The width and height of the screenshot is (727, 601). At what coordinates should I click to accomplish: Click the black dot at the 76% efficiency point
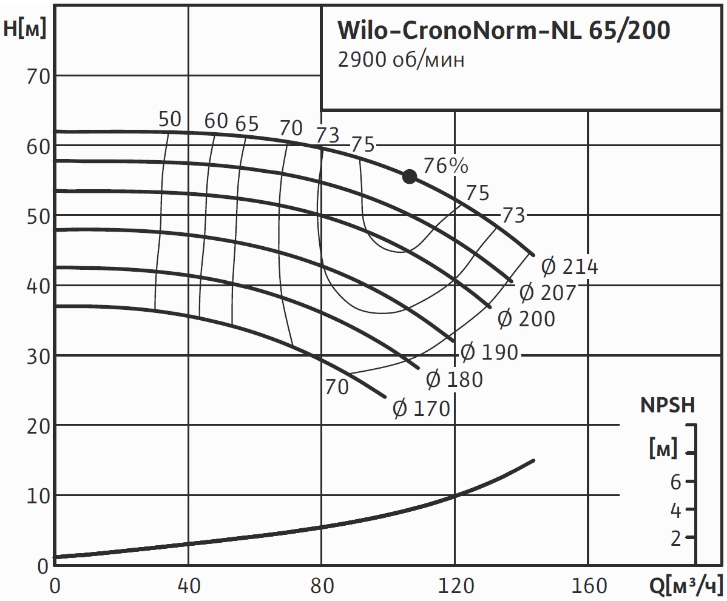tap(410, 176)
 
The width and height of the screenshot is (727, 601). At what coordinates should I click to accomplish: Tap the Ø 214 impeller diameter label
tap(569, 267)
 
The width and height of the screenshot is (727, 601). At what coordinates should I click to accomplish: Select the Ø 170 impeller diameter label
tap(421, 409)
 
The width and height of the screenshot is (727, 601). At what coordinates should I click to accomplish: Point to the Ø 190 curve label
tap(489, 352)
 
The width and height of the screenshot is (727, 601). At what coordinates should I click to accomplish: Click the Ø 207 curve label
tap(547, 292)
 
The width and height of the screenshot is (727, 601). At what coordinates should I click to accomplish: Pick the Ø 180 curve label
tap(454, 380)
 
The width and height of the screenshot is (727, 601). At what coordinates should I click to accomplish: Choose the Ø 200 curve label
tap(526, 318)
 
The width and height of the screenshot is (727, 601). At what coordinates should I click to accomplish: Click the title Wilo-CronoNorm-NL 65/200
tap(503, 31)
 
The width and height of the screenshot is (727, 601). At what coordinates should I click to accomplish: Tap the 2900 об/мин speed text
tap(401, 61)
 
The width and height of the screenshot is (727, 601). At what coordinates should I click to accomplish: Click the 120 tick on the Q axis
tap(455, 586)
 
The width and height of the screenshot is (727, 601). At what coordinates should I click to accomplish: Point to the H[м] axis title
tap(25, 29)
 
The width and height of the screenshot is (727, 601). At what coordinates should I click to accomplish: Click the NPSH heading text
tap(668, 406)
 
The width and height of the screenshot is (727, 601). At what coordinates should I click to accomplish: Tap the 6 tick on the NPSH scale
tap(675, 482)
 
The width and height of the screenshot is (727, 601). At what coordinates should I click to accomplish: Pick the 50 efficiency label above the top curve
tap(170, 119)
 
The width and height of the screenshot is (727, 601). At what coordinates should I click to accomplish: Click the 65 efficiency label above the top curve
tap(247, 124)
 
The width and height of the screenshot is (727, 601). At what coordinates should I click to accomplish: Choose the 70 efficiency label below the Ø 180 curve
tap(337, 387)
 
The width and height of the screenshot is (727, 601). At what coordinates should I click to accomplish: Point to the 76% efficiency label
tap(445, 165)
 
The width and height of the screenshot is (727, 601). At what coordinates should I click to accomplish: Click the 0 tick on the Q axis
tap(55, 586)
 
